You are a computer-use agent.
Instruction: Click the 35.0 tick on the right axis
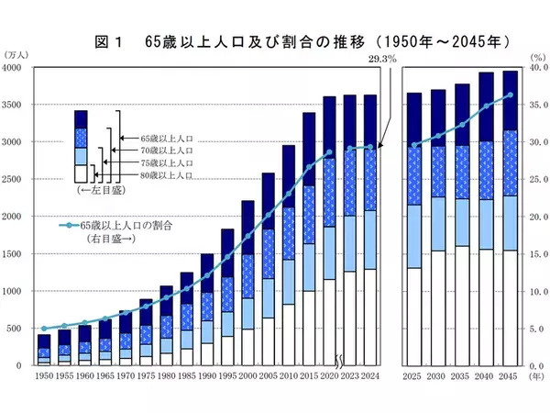click(535, 106)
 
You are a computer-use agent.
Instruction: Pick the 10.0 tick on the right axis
click(535, 291)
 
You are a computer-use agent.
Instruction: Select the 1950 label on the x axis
click(44, 377)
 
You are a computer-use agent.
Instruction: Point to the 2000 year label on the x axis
click(247, 377)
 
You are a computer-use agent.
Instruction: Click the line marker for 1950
click(44, 328)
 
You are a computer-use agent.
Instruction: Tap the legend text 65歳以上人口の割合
click(126, 225)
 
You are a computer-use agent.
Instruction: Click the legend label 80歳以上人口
click(168, 173)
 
